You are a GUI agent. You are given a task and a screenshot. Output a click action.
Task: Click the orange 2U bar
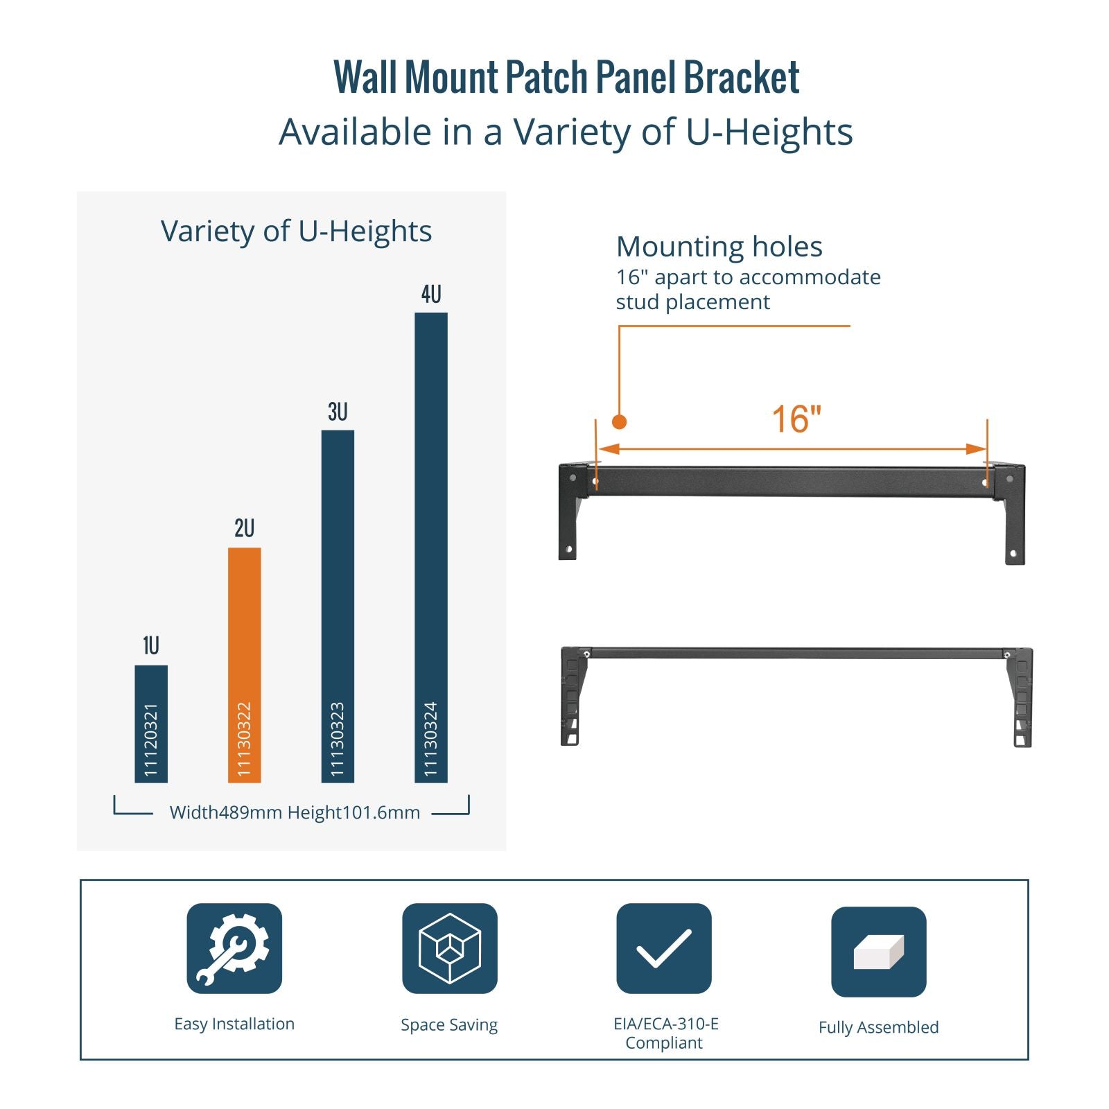(x=245, y=665)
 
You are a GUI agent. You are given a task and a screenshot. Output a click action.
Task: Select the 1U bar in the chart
(x=151, y=724)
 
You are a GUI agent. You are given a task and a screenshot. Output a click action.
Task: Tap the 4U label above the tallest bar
(x=431, y=295)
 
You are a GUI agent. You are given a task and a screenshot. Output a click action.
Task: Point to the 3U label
(x=338, y=412)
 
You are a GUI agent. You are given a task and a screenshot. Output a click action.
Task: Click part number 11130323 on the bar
(x=338, y=740)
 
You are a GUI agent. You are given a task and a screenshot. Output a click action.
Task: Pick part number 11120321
(x=151, y=740)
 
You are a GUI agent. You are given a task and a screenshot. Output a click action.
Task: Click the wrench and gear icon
(x=234, y=948)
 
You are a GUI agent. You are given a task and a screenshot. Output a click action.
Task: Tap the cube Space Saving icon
(x=450, y=948)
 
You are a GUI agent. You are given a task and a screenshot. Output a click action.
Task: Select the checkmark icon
(x=664, y=948)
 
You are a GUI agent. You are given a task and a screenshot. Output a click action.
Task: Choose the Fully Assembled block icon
(x=879, y=952)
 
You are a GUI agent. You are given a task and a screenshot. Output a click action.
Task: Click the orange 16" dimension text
(x=796, y=419)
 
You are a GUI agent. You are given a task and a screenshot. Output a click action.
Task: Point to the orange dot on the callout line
(x=620, y=421)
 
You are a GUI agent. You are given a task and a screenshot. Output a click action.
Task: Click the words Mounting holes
(x=719, y=247)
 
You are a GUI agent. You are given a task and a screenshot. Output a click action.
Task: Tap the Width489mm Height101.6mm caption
(x=295, y=812)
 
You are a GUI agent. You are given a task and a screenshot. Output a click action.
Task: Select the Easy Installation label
(x=234, y=1024)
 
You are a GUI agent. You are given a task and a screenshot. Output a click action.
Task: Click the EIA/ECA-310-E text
(x=666, y=1024)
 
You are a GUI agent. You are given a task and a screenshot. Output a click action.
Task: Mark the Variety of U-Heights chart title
(x=296, y=232)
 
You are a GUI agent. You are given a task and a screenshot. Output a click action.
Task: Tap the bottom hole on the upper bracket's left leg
(x=569, y=550)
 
